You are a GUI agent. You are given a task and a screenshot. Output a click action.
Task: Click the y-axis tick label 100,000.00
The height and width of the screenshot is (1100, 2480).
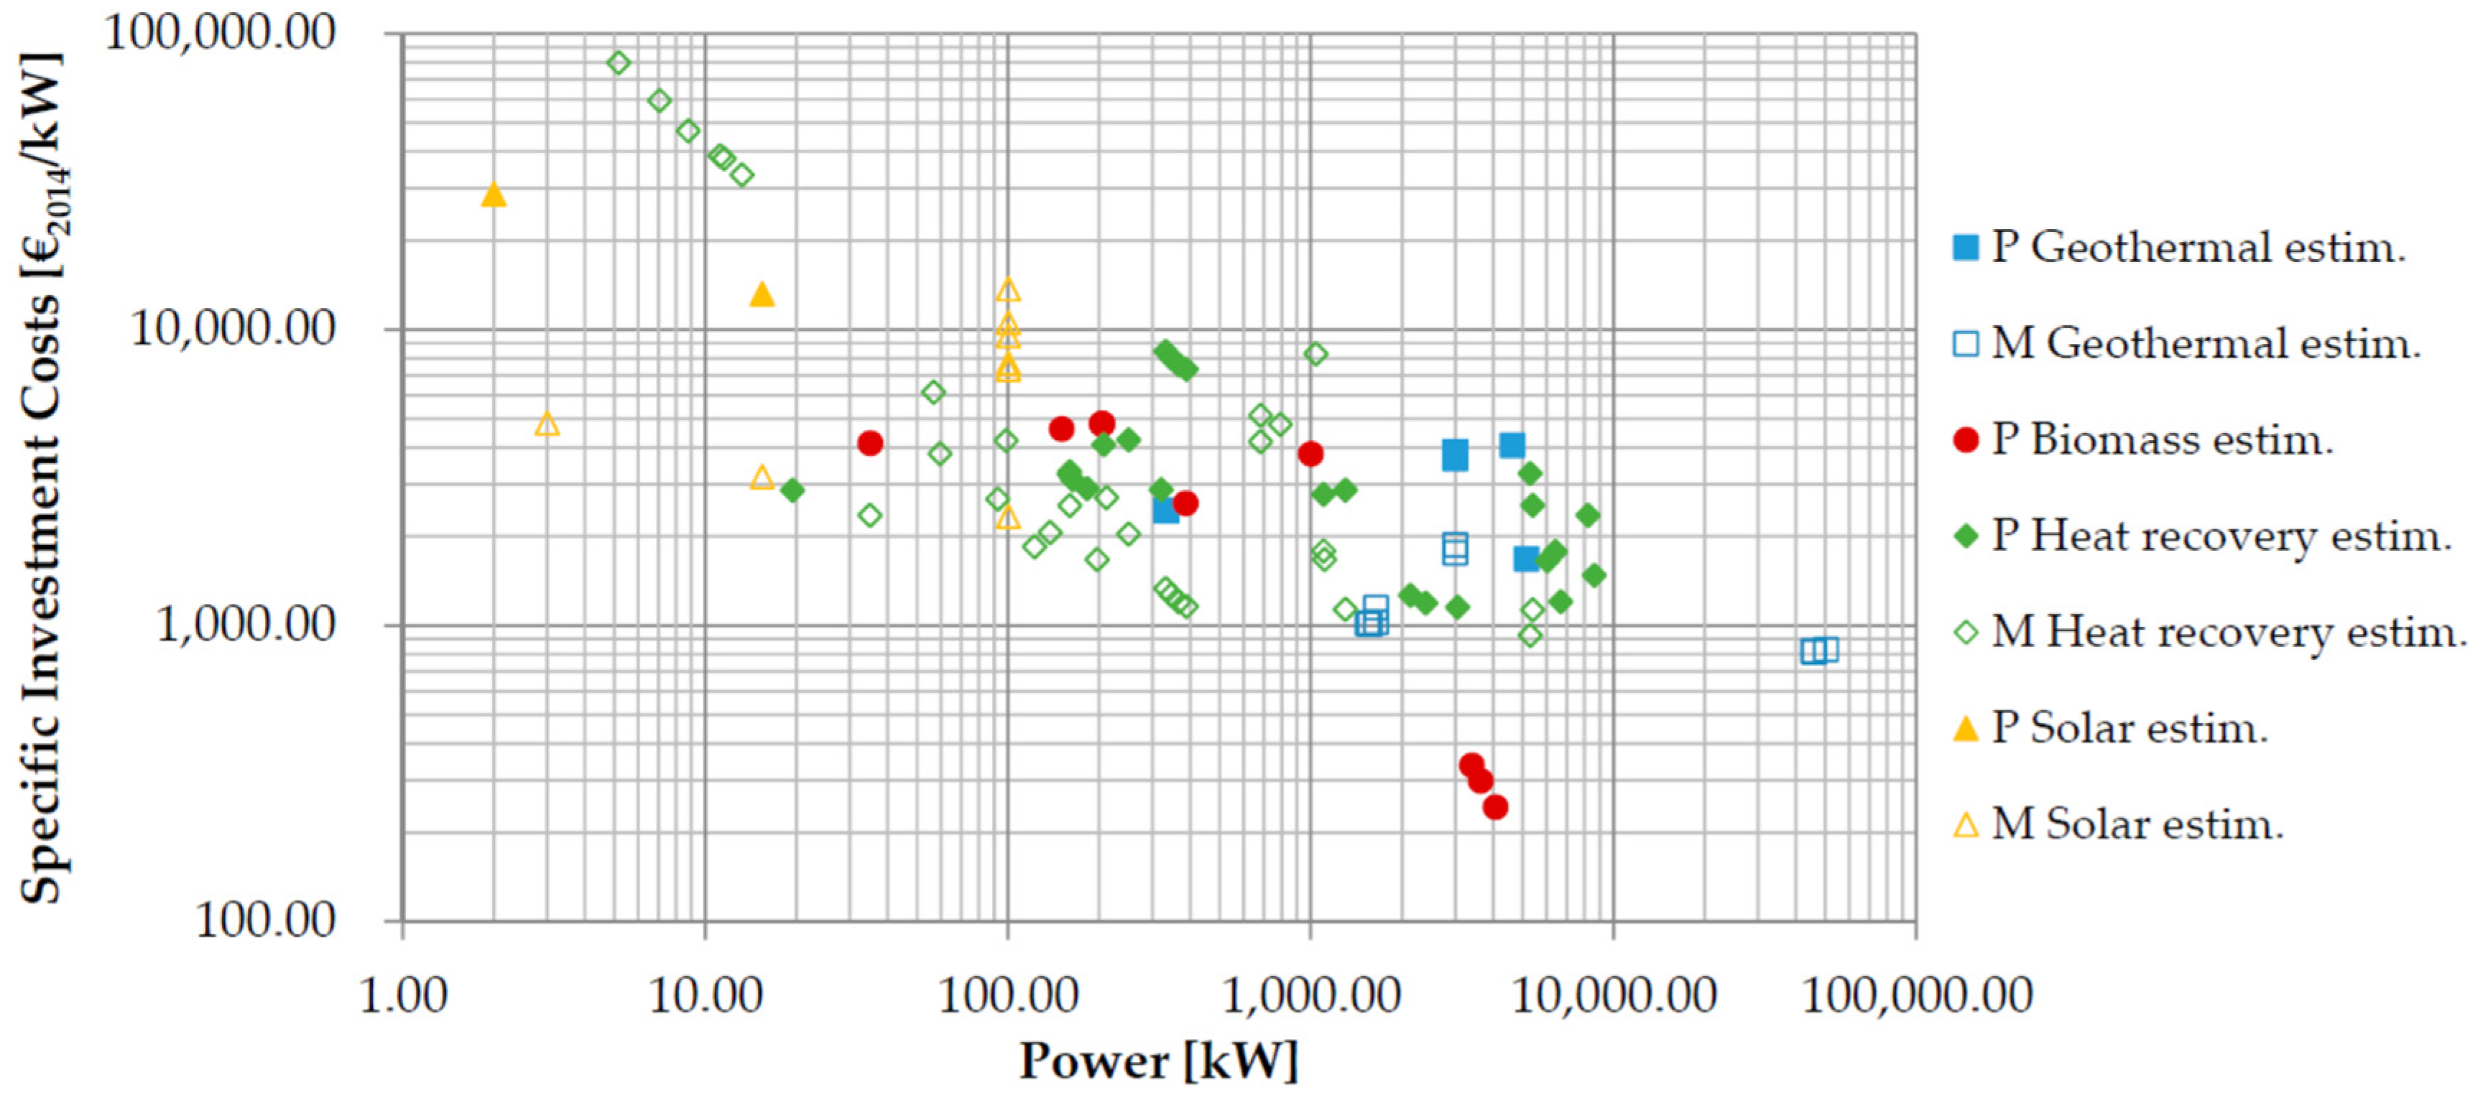(x=221, y=33)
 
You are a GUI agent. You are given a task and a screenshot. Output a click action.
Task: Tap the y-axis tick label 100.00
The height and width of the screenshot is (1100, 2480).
(x=266, y=921)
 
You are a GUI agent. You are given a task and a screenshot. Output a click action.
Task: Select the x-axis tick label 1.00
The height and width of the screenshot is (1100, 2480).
(x=403, y=995)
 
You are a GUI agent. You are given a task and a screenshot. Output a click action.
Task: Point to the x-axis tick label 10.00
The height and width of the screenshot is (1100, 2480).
(x=705, y=995)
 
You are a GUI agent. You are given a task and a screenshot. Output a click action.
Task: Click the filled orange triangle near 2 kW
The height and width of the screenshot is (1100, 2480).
(x=493, y=195)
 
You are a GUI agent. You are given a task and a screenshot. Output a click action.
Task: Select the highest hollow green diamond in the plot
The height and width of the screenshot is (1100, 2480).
(x=619, y=62)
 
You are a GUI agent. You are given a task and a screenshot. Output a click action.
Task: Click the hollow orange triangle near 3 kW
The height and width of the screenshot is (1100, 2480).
(x=547, y=424)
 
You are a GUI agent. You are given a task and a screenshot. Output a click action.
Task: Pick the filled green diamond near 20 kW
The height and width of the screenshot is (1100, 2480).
(x=792, y=490)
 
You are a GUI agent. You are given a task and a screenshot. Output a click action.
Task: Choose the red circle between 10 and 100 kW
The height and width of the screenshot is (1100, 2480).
(x=870, y=443)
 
